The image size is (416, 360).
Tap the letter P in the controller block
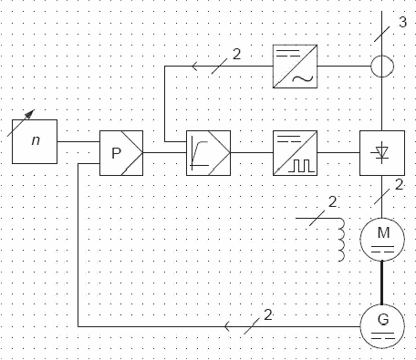pos(116,153)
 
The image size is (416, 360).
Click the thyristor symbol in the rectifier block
pos(382,152)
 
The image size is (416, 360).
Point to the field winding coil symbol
pos(342,240)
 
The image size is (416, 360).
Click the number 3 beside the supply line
pos(402,22)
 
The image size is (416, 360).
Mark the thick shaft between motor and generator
pos(382,283)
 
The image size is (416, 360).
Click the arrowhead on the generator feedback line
pos(227,326)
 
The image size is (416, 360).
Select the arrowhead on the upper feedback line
pos(195,66)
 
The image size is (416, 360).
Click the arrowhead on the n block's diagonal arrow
pos(30,113)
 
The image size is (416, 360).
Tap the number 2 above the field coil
pos(332,201)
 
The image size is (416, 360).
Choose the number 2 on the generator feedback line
pos(268,315)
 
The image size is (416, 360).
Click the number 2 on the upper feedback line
pos(236,54)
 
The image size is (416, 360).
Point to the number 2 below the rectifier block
pos(400,185)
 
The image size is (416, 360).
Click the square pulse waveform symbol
pos(301,166)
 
